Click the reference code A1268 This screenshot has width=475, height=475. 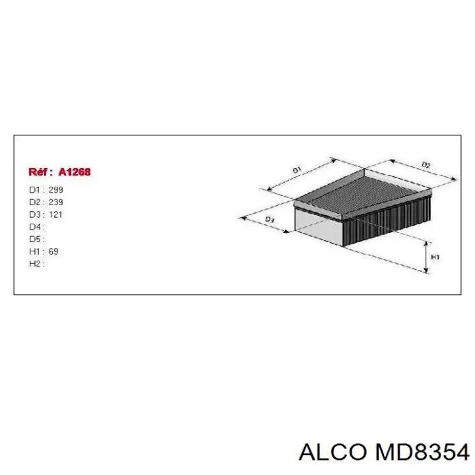[x=74, y=172]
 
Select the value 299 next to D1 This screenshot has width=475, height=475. [x=56, y=190]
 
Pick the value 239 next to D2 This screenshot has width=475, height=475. [x=56, y=202]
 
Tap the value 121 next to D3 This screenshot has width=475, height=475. [x=56, y=214]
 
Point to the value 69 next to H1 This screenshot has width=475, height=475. [x=53, y=251]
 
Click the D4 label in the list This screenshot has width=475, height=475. [x=35, y=227]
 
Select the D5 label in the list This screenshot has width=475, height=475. [x=35, y=239]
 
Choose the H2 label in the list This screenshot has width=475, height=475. [x=35, y=264]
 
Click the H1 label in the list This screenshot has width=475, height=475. [x=35, y=251]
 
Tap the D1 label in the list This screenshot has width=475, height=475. [x=35, y=190]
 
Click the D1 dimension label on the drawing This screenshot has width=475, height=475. [x=296, y=170]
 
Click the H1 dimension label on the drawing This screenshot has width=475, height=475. [x=435, y=257]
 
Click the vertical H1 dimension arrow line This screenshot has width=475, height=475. [x=427, y=257]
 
